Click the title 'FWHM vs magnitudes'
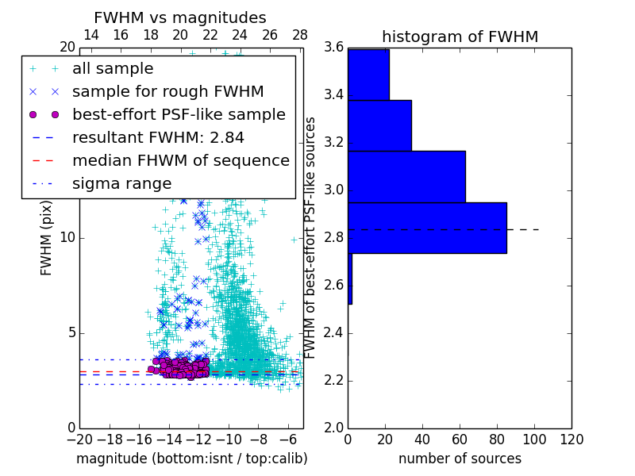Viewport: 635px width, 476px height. point(180,17)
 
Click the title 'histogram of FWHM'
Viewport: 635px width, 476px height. point(460,36)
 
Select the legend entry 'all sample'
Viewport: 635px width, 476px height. point(113,69)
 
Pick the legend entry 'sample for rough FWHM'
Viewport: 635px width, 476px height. point(167,92)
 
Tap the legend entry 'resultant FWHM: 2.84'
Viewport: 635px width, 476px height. point(158,138)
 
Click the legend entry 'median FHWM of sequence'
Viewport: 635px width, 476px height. point(180,161)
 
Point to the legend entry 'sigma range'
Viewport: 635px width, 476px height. point(121,184)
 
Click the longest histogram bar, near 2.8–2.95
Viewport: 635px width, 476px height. point(427,228)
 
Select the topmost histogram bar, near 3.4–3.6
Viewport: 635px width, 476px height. point(368,75)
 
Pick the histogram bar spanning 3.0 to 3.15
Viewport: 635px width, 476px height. point(406,176)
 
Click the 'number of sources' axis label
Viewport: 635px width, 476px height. point(460,459)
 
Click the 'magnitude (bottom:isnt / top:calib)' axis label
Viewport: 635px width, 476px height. point(191,459)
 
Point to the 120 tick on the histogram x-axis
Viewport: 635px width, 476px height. point(571,440)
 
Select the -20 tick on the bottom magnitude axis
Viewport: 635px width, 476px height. point(79,440)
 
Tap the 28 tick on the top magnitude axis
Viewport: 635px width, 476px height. point(300,35)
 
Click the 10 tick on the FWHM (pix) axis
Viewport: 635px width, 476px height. point(67,238)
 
